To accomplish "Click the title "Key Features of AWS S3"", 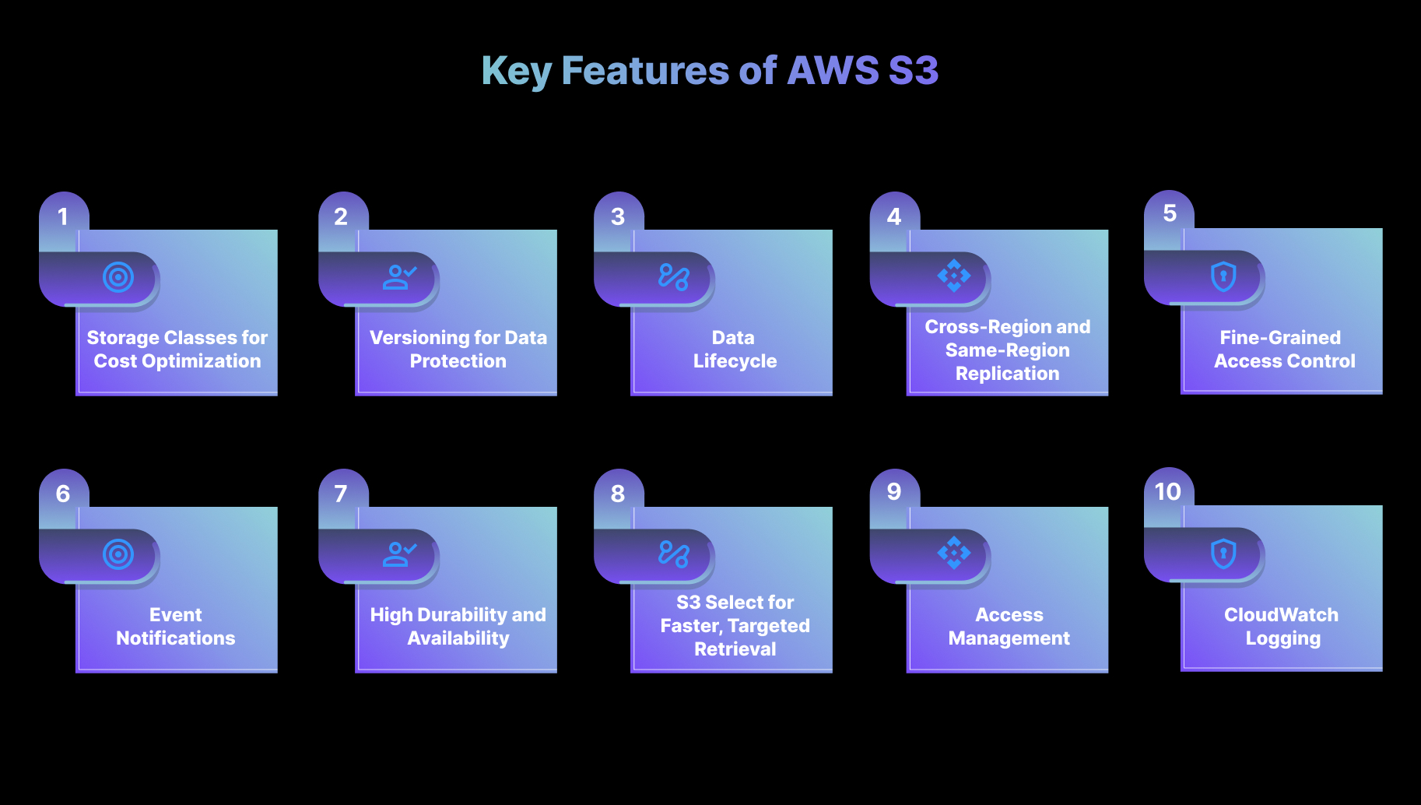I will tap(710, 71).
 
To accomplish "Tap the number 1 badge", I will tap(63, 216).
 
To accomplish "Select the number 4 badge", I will tap(894, 216).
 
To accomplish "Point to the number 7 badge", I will tap(341, 494).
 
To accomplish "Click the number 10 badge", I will tap(1168, 491).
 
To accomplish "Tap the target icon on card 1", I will tap(118, 277).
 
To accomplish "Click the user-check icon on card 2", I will tap(399, 277).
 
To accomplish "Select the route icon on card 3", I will tap(674, 277).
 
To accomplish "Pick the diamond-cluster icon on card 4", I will tap(954, 276).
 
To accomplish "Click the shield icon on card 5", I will tap(1223, 276).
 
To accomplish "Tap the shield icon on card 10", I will tap(1223, 554).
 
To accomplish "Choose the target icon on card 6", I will tap(118, 554).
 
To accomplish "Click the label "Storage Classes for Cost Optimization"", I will tap(177, 349).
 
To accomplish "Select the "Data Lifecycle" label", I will tap(735, 349).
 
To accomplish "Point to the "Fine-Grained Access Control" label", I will tap(1284, 349).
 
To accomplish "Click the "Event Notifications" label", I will tap(176, 626).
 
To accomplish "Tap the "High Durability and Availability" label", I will tap(458, 626).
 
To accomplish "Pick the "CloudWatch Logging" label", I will tap(1282, 626).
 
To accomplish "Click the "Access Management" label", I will tap(1009, 626).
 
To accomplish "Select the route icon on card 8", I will tap(674, 554).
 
